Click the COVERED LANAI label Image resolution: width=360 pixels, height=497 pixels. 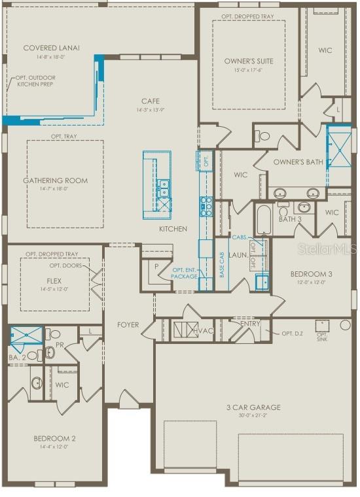point(51,48)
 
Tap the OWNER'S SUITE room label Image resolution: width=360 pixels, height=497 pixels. point(249,61)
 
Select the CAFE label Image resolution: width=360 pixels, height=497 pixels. point(151,101)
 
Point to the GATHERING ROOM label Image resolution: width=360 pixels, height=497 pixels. point(56,180)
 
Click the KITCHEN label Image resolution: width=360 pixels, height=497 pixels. point(173,229)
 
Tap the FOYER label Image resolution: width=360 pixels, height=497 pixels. point(128,324)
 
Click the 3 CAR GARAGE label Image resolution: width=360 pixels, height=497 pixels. point(253,407)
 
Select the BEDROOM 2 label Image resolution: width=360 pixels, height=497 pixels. point(55,438)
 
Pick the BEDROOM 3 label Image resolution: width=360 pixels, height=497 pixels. point(307,274)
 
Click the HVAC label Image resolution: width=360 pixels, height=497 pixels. point(204,331)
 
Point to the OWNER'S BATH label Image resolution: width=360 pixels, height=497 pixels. point(298,162)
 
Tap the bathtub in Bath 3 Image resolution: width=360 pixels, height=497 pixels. point(264,220)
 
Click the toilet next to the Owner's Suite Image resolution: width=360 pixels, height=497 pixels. point(263,137)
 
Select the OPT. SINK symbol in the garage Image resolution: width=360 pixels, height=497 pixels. point(321,325)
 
